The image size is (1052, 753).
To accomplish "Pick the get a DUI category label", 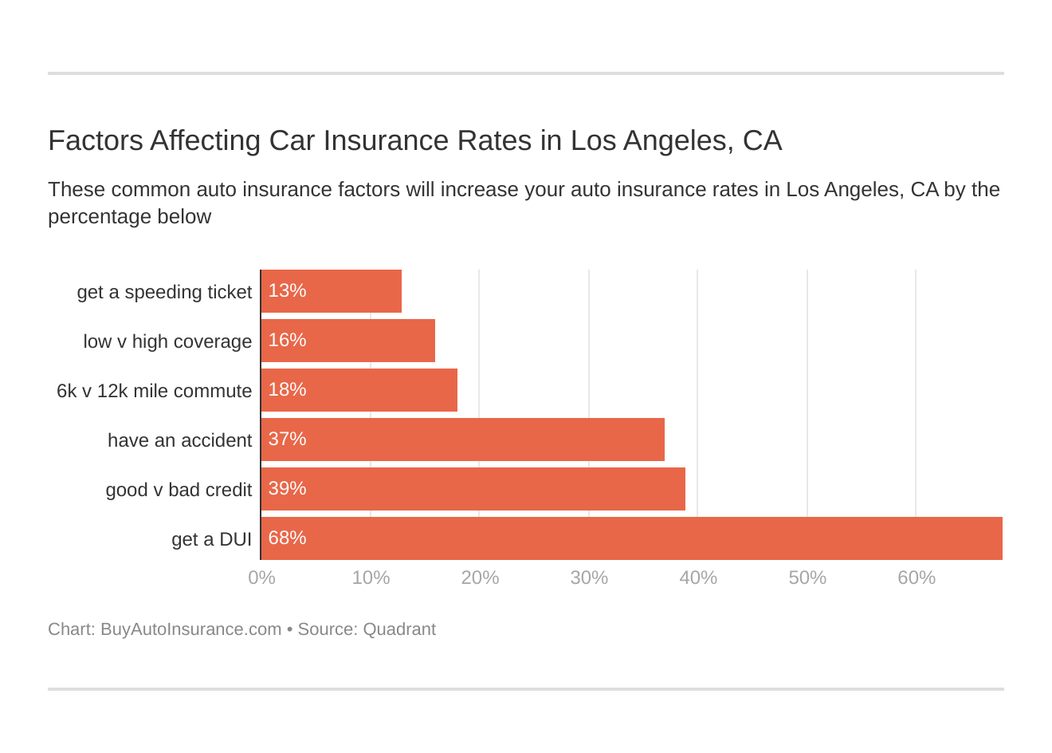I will (x=211, y=539).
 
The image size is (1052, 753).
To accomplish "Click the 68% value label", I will (x=287, y=538).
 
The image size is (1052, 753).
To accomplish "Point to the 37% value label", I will (x=287, y=439).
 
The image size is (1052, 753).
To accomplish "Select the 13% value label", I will (x=287, y=290).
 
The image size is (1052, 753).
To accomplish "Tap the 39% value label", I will (x=287, y=488).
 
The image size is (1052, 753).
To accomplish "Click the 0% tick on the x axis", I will (x=261, y=578).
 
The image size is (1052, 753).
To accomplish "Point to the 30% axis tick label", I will (x=589, y=578).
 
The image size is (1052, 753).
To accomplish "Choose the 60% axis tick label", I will (x=917, y=578).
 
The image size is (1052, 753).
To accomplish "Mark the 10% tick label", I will (x=371, y=578).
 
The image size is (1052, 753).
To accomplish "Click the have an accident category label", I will (x=179, y=440).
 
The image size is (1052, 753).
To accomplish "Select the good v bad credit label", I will (x=179, y=490).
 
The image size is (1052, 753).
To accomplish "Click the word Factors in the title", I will (x=95, y=140).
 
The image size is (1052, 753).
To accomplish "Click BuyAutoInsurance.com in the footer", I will (x=190, y=629).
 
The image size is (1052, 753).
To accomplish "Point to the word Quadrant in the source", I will (x=399, y=629).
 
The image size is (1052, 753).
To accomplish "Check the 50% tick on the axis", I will (x=807, y=578).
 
